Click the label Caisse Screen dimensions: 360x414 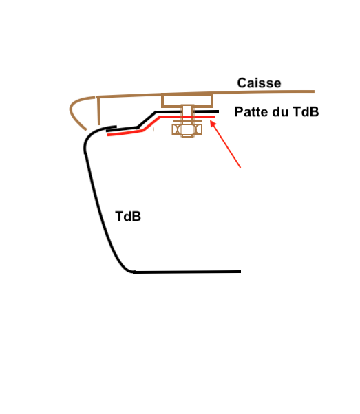coord(259,83)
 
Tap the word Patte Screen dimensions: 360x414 coord(251,111)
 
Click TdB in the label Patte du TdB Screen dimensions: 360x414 coord(305,111)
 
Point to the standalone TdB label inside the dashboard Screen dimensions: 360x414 coord(128,216)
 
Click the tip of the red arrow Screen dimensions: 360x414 coord(211,120)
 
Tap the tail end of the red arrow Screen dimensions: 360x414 coord(240,167)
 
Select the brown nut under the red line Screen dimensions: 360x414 coord(187,129)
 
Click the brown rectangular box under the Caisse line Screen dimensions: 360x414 coord(187,100)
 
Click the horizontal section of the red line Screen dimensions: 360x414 coord(187,116)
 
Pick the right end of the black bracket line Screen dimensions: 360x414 coord(218,111)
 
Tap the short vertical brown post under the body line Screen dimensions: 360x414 coord(98,111)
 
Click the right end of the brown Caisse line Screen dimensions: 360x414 coord(314,91)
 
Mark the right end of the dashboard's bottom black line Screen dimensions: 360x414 coord(240,272)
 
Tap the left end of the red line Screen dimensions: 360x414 coord(108,135)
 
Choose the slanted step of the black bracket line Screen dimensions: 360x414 coord(147,120)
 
